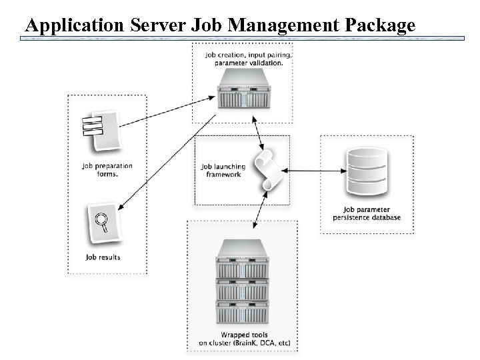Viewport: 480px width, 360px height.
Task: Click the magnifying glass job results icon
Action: [x=102, y=223]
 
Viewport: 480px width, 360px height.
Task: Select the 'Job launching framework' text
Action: [x=223, y=171]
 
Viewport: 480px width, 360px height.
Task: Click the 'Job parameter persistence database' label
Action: [x=367, y=213]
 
